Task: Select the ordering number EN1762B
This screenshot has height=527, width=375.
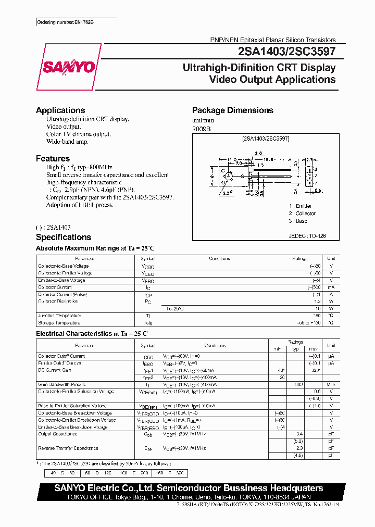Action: click(68, 22)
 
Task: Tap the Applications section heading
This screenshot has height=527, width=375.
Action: click(60, 110)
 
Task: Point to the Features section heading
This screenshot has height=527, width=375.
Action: click(53, 158)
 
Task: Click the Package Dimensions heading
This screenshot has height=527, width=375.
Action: click(232, 110)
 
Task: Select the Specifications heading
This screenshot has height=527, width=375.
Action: click(64, 237)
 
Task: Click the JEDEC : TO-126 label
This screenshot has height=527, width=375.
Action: click(307, 236)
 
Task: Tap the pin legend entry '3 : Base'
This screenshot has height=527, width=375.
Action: click(298, 221)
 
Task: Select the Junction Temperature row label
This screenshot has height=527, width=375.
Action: click(59, 316)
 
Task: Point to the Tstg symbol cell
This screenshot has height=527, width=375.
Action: click(148, 323)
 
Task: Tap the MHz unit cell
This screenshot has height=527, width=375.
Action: click(331, 384)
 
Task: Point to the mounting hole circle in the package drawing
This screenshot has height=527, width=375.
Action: click(228, 177)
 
